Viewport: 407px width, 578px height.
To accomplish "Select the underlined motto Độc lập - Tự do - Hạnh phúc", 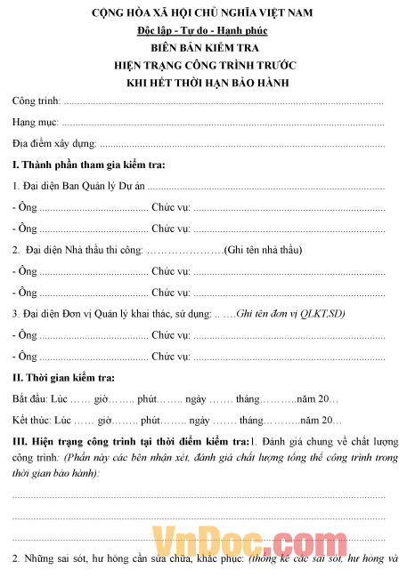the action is (x=202, y=32).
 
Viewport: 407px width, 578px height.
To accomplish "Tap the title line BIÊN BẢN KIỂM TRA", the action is (x=202, y=48).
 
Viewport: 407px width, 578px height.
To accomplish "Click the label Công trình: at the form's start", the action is (x=37, y=102).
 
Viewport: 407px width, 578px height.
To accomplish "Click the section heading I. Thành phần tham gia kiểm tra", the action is (x=88, y=165).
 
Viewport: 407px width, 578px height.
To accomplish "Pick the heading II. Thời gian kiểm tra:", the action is (x=64, y=378).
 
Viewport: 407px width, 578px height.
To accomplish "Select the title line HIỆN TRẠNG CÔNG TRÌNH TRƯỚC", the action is (x=202, y=65).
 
